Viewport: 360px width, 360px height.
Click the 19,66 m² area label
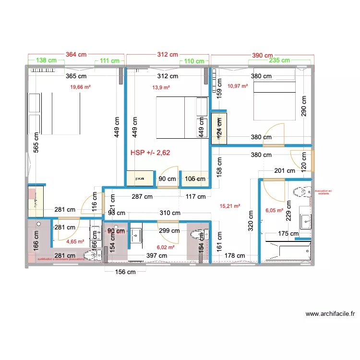tap(81, 87)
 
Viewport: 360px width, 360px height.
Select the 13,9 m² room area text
tap(161, 87)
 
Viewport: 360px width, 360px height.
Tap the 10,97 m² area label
tap(238, 86)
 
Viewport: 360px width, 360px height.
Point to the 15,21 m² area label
tap(230, 207)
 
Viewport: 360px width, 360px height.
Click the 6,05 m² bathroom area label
tap(274, 210)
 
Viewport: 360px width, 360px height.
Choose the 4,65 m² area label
tap(75, 242)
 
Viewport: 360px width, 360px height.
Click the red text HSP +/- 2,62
tap(151, 153)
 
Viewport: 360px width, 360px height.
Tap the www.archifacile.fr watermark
tap(330, 314)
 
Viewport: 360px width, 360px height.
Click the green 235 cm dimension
tap(279, 60)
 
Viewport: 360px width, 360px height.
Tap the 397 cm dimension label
tap(156, 256)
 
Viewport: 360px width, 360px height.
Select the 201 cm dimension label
tap(285, 170)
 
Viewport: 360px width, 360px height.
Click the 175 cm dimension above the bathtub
tap(288, 234)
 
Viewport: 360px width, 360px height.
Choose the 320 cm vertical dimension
tap(251, 220)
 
